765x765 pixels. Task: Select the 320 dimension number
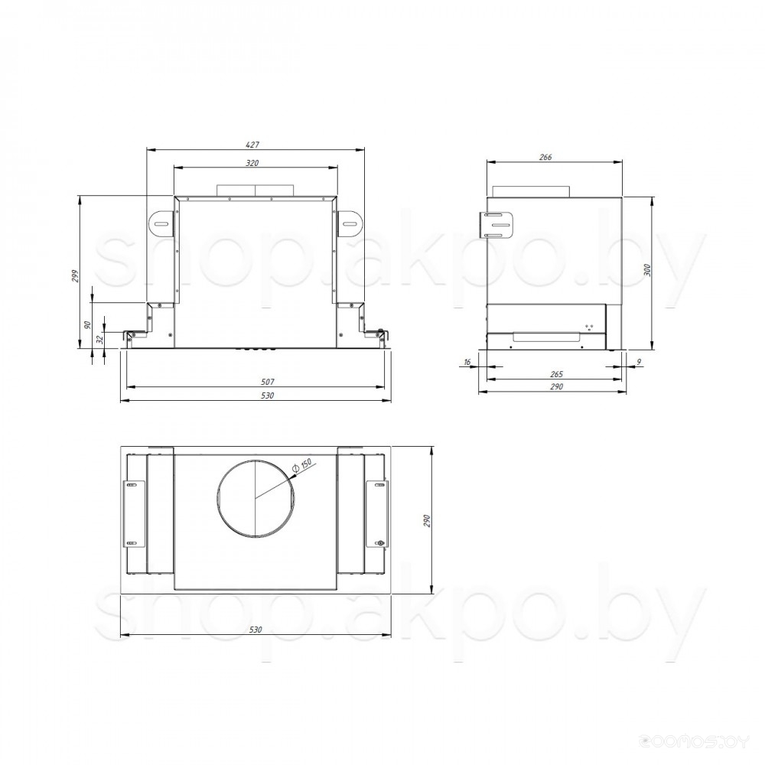pos(252,163)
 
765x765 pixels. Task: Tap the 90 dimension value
pos(87,325)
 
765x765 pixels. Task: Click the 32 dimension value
pos(100,340)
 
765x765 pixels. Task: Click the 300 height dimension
pos(647,270)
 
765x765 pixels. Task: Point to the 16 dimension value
pos(467,362)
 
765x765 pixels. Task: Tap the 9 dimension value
pos(639,362)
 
